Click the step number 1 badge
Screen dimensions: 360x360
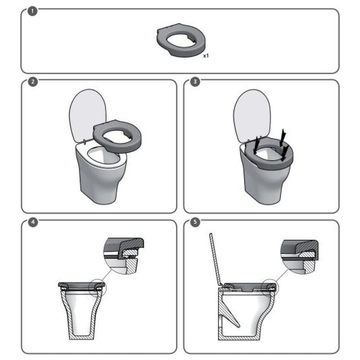32,11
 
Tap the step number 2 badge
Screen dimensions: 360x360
33,82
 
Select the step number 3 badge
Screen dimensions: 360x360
195,82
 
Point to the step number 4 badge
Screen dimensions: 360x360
33,222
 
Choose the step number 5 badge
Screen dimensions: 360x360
195,222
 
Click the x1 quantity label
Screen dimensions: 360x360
206,56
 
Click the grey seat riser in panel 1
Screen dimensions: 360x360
181,47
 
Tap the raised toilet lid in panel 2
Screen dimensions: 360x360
87,116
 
